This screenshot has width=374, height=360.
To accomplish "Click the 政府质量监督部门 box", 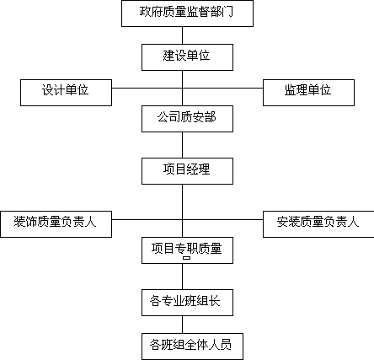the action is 187,13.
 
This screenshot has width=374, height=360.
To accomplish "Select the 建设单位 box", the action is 187,57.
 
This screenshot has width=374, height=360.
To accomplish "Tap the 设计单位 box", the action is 66,93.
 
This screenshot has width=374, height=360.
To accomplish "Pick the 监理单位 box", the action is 308,93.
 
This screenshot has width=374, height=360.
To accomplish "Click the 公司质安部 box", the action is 187,119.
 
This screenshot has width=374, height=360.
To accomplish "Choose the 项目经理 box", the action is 187,171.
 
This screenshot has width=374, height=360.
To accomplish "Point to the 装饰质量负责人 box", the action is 56,224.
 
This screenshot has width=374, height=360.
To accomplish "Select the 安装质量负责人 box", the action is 318,224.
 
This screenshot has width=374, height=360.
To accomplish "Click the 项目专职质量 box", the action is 187,250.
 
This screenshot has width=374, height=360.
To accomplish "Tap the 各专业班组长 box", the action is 187,303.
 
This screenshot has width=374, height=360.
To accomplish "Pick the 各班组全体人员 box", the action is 192,347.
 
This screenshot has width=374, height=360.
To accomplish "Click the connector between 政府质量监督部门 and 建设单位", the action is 182,35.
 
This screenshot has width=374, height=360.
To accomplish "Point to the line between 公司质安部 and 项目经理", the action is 182,145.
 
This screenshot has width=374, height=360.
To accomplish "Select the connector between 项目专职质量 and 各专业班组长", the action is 182,277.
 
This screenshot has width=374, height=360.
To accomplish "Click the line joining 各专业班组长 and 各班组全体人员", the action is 182,325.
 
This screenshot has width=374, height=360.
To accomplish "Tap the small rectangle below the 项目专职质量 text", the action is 187,258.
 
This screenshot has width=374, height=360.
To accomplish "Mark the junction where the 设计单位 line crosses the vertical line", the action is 182,88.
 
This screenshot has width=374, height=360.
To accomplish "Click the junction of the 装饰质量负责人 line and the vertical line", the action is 182,219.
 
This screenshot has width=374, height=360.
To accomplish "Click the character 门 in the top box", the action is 227,12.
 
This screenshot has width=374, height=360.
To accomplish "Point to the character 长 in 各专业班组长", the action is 214,301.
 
